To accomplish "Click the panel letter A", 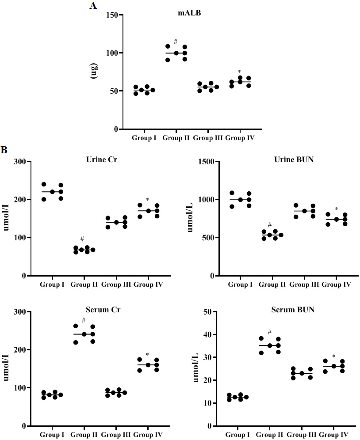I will (93, 6).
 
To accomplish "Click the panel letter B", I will (4, 150).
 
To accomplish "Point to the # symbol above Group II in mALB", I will (176, 42).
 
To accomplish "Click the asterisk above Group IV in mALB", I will (239, 72).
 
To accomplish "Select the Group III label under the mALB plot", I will (208, 138).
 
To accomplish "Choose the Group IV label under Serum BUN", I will (336, 435).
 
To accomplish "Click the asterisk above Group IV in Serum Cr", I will (147, 354).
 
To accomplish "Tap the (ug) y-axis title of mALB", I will (94, 72).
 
